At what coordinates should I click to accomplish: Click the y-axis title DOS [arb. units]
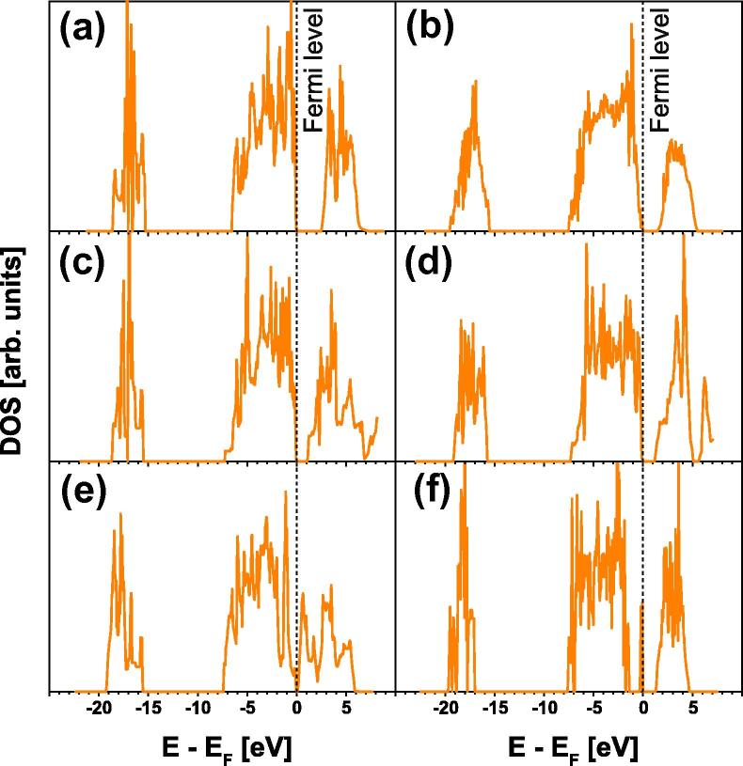(18, 348)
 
